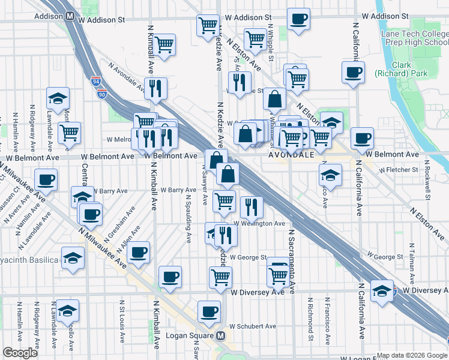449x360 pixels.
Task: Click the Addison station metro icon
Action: [70, 18]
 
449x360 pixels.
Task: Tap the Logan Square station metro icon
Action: [221, 336]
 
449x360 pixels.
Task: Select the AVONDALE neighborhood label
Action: [291, 154]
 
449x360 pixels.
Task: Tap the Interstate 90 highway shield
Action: [101, 94]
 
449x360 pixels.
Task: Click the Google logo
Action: [20, 353]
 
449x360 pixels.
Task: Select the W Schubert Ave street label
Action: [253, 326]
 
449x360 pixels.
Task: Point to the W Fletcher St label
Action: [397, 170]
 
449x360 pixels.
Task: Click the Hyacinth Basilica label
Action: [29, 260]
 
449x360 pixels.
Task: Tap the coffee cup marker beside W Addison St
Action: [298, 19]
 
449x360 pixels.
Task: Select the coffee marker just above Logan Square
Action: [209, 311]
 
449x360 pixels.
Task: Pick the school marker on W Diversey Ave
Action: [382, 291]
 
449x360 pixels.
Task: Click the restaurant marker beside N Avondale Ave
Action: [156, 88]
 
